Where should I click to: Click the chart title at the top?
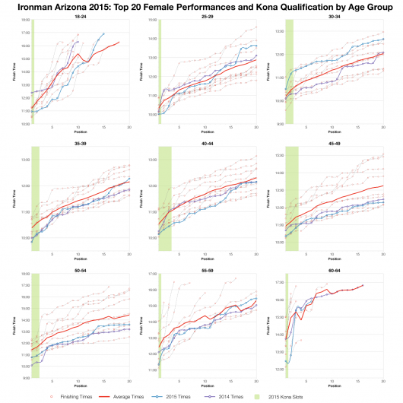click(201, 6)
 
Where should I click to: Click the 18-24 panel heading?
click(80, 16)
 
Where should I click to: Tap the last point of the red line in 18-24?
click(119, 43)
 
